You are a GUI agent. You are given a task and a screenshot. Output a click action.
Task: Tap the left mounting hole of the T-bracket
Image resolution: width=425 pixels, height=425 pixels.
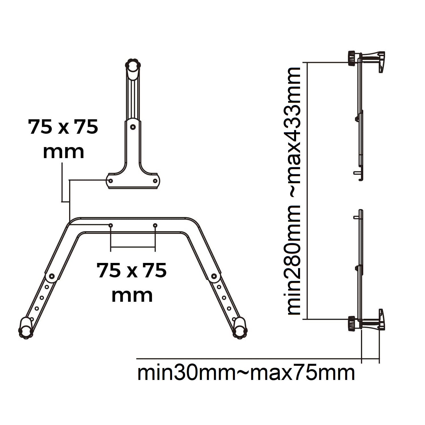click(x=111, y=181)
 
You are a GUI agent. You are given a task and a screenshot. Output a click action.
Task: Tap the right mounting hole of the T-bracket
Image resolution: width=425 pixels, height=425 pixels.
click(x=155, y=181)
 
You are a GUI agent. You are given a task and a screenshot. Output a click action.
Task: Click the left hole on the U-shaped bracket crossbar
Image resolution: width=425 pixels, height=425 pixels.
click(x=111, y=225)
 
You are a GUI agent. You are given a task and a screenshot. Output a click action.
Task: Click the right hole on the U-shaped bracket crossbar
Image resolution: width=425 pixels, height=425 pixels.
click(x=155, y=225)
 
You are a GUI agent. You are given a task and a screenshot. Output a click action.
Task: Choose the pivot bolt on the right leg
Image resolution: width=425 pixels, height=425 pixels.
click(x=214, y=276)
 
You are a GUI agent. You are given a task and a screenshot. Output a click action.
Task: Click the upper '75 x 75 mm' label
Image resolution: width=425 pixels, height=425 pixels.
click(x=63, y=139)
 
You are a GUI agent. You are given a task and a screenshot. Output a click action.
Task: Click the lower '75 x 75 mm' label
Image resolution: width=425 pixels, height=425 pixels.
click(x=132, y=282)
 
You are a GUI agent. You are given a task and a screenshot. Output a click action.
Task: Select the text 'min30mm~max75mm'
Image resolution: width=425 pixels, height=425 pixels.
click(x=246, y=373)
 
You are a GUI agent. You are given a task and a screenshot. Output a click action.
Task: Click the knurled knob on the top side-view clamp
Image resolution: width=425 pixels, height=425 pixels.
click(x=352, y=58)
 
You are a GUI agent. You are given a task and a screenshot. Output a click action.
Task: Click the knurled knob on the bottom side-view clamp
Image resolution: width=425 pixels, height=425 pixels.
click(x=352, y=323)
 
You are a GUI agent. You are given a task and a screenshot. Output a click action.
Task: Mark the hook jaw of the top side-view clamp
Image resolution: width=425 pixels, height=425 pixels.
click(x=381, y=62)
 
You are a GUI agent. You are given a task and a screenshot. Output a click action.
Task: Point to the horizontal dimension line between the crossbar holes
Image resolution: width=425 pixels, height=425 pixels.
click(x=133, y=247)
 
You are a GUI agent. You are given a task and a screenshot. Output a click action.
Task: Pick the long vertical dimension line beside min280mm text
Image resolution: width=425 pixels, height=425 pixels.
click(x=307, y=191)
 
